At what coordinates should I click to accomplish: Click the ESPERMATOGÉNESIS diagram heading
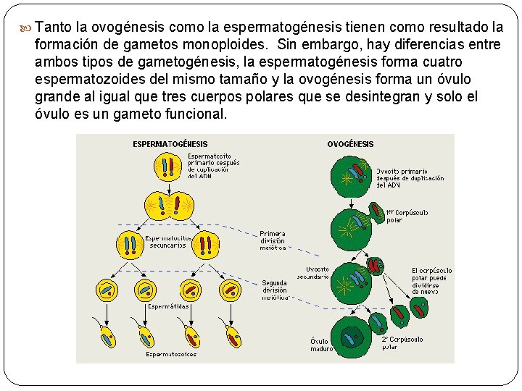pos(170,144)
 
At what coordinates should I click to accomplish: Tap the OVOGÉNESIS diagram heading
pos(350,144)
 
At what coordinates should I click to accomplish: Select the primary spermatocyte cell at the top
pos(168,167)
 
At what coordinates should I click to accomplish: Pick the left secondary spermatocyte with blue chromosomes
pos(130,245)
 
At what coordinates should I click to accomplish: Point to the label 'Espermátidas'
pos(169,306)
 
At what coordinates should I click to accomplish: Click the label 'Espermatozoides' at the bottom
pos(171,354)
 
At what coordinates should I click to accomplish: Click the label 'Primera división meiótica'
pos(273,240)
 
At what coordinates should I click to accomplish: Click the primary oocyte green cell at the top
pos(352,175)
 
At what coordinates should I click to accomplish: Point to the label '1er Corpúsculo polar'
pos(407,216)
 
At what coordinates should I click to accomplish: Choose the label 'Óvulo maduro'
pos(322,345)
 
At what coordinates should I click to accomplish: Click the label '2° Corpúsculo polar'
pos(402,342)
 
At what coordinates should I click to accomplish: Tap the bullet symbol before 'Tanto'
pos(27,28)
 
